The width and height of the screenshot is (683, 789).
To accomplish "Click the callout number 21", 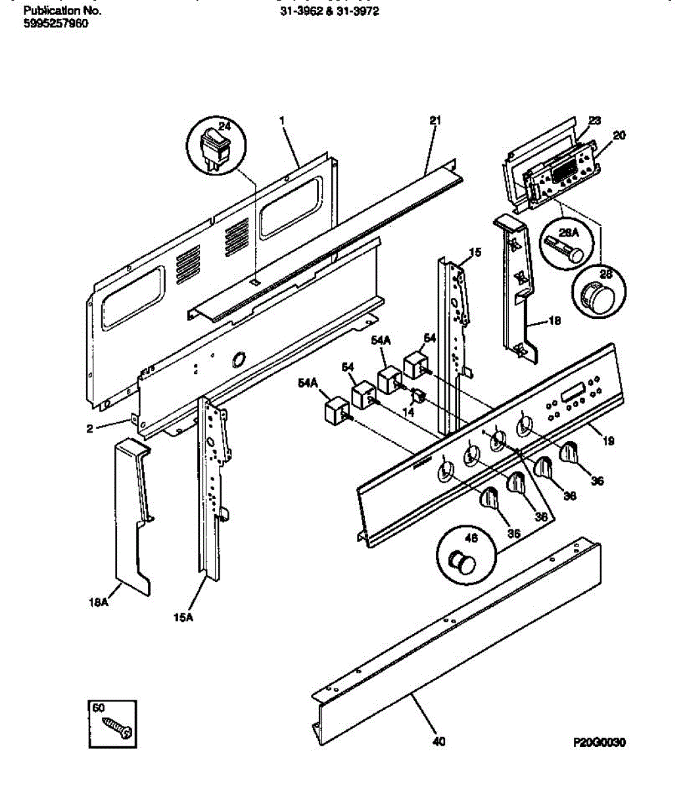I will click(435, 120).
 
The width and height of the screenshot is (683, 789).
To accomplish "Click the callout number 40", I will click(438, 742).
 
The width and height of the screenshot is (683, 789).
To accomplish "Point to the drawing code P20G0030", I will click(599, 742).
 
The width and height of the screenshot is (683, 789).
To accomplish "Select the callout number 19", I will click(608, 441).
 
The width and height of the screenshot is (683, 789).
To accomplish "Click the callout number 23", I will click(594, 120).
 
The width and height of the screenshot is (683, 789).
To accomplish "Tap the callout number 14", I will click(408, 412).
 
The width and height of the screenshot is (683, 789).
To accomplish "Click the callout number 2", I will click(89, 429).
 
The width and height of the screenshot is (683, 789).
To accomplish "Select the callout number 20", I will click(619, 135).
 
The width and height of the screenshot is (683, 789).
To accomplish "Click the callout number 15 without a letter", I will click(475, 252).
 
